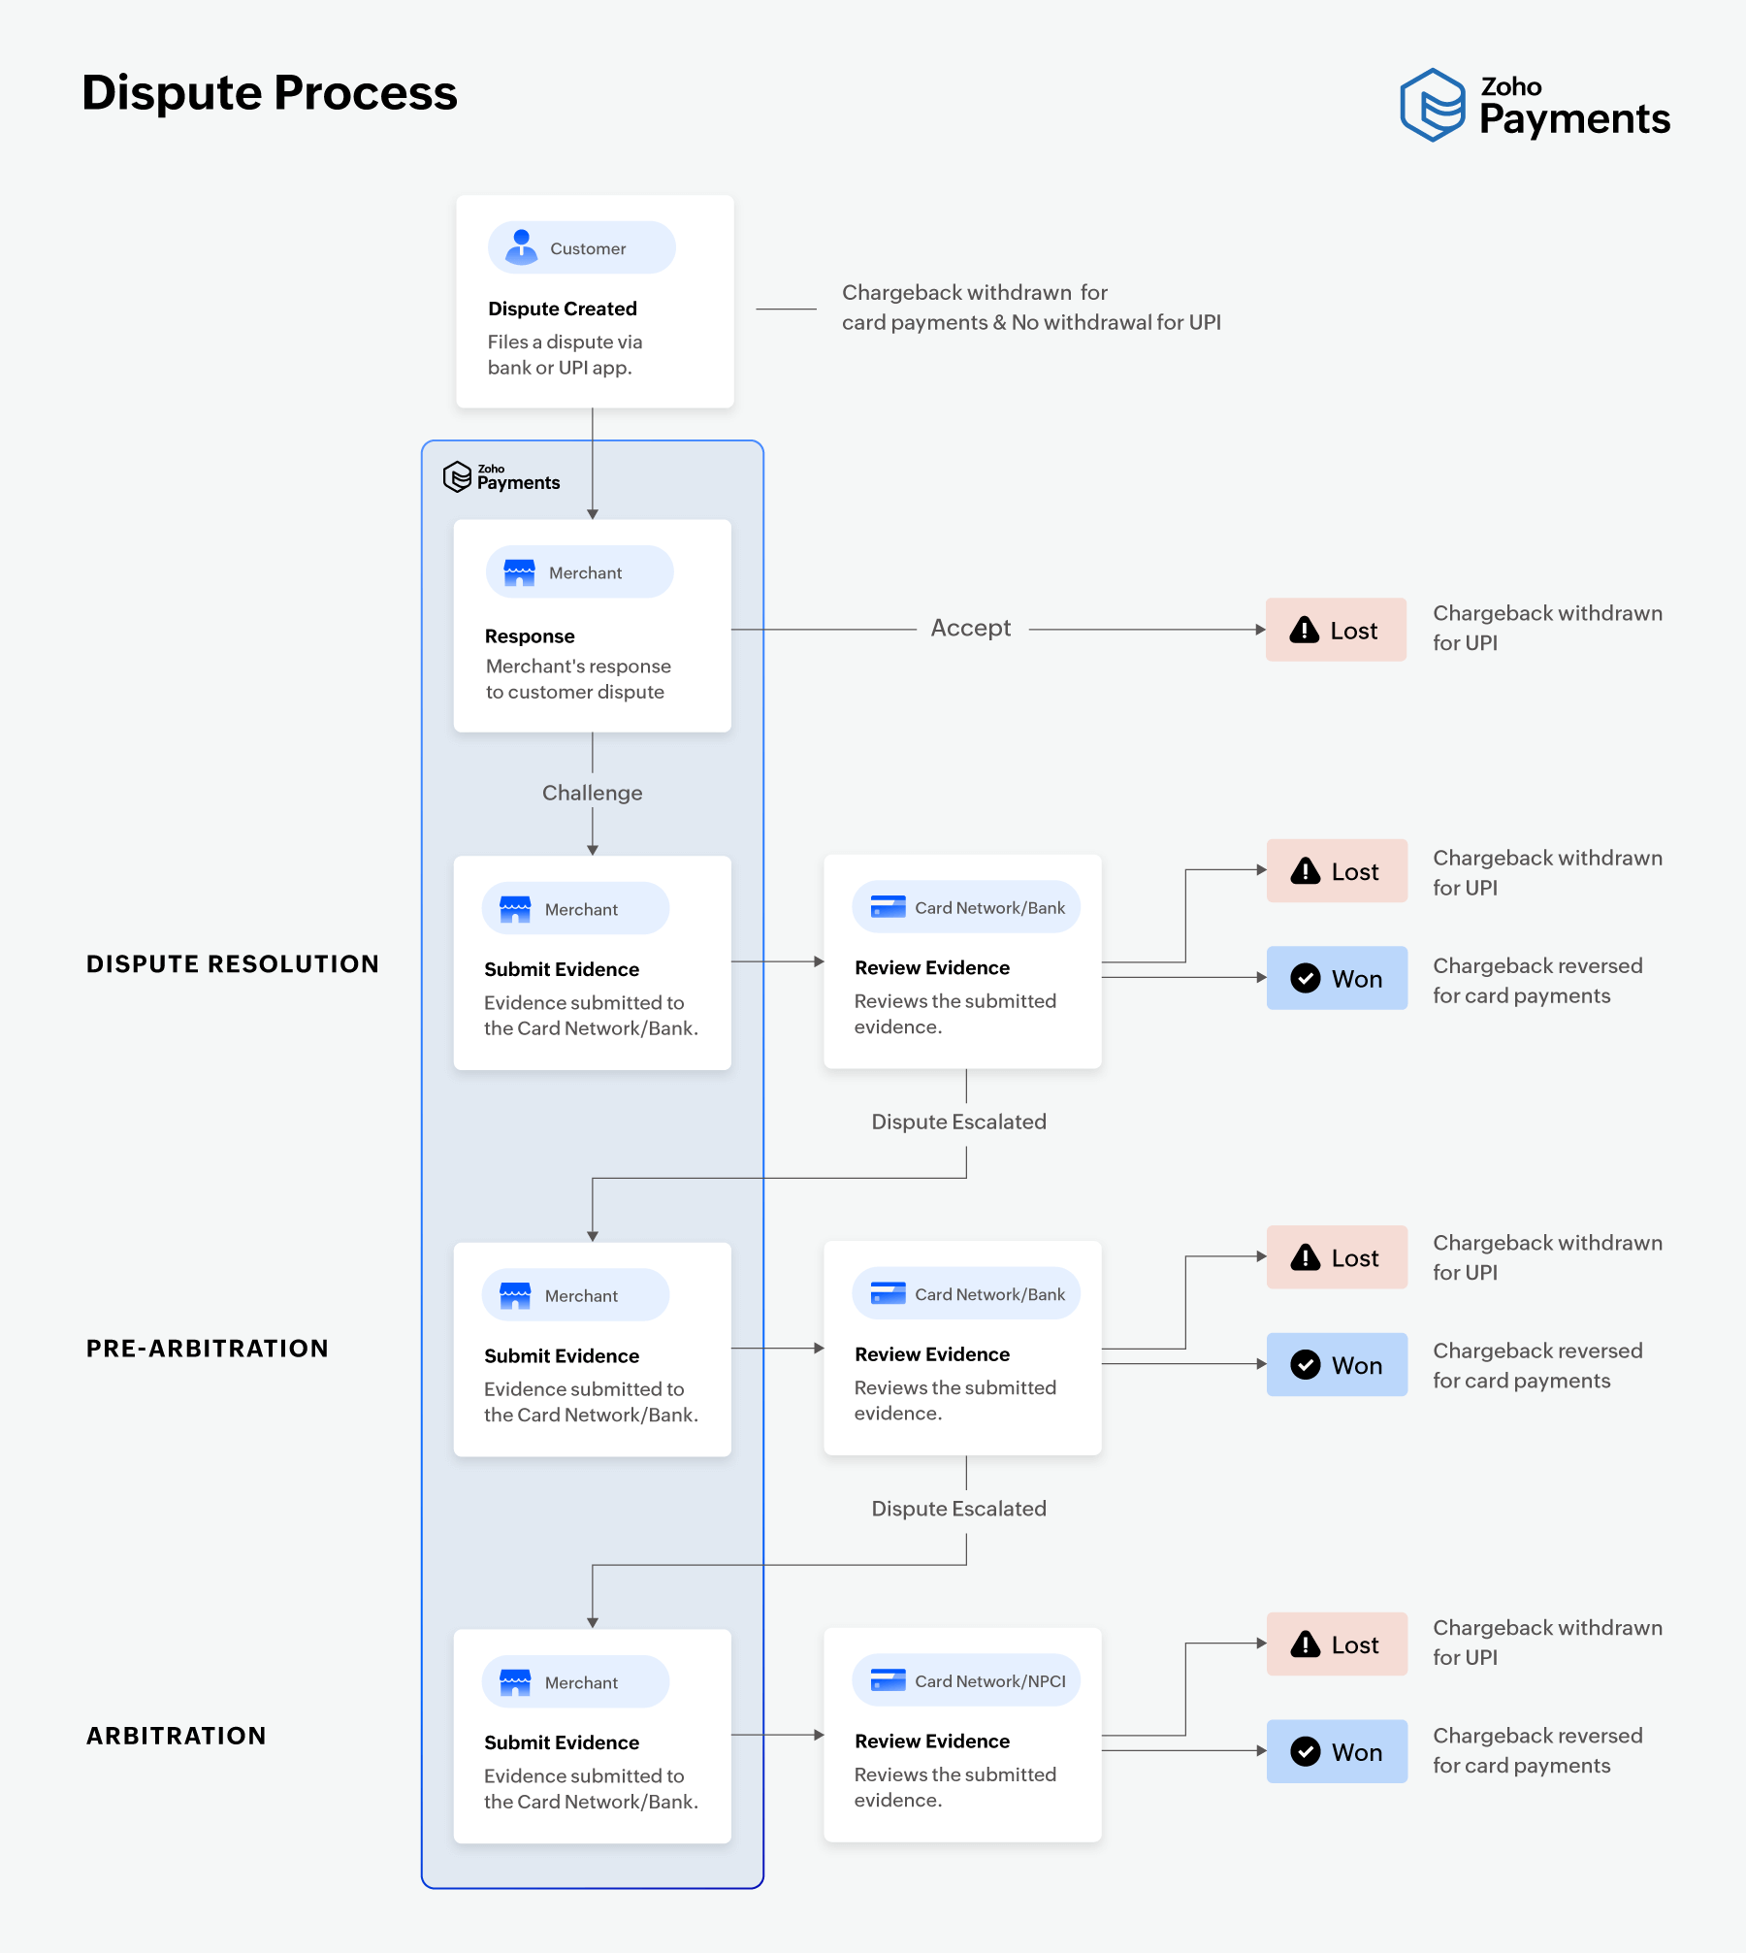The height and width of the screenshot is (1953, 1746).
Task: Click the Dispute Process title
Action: [269, 93]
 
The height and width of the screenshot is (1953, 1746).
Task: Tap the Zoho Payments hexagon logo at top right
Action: [1432, 105]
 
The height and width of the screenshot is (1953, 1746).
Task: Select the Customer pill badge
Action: [581, 247]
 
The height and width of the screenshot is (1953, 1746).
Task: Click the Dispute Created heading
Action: [562, 309]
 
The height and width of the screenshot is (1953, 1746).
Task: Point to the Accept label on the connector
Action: [970, 629]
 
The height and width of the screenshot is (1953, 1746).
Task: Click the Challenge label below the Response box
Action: [592, 793]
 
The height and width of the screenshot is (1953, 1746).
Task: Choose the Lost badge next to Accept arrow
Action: [1336, 630]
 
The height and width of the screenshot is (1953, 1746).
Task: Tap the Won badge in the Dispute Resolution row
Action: [1337, 978]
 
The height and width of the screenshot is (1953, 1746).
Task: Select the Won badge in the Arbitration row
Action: [1337, 1751]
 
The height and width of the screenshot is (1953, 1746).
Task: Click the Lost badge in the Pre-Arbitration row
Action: [1337, 1257]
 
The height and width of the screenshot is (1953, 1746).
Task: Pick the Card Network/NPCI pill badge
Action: [966, 1680]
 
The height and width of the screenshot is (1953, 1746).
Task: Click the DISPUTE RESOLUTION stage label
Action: [232, 963]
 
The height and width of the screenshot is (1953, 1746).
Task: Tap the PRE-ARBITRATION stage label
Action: [207, 1348]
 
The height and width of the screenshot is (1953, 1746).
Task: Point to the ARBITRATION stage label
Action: [176, 1735]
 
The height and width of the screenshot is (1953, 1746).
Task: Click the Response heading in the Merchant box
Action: [530, 636]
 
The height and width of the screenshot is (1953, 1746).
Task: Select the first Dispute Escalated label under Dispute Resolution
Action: [958, 1122]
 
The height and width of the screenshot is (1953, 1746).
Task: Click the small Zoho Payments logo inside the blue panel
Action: [501, 476]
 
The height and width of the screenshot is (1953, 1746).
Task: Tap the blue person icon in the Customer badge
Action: [522, 246]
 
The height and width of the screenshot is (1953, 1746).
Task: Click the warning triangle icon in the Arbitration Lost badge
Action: [1306, 1644]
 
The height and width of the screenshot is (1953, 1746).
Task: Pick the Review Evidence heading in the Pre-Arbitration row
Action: [931, 1354]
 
